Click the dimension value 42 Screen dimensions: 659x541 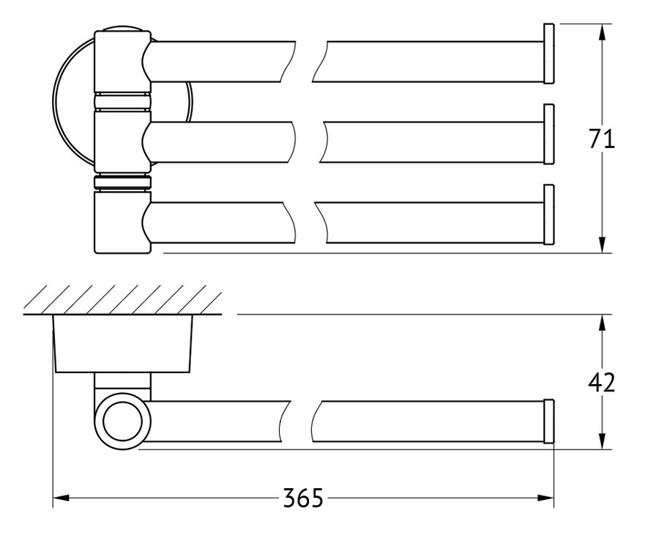pyautogui.click(x=601, y=383)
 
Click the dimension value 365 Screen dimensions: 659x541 pyautogui.click(x=303, y=498)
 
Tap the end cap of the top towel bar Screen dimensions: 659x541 pyautogui.click(x=549, y=54)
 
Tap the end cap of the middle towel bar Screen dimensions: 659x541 pyautogui.click(x=549, y=134)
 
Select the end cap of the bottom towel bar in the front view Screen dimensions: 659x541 pyautogui.click(x=549, y=215)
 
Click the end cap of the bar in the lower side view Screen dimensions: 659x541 pyautogui.click(x=549, y=421)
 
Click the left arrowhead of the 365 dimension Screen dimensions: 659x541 pyautogui.click(x=61, y=498)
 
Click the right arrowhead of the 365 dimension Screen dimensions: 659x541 pyautogui.click(x=546, y=498)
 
